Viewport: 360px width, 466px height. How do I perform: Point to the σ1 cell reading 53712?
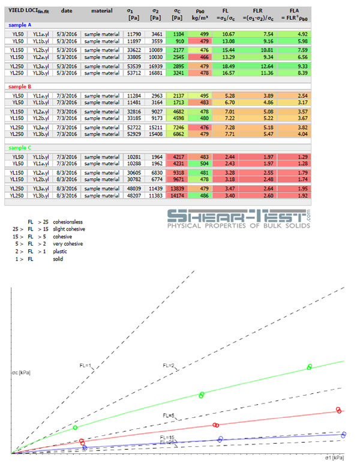coord(133,73)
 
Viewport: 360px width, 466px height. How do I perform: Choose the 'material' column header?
coord(101,11)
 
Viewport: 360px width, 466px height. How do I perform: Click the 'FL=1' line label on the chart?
coord(86,365)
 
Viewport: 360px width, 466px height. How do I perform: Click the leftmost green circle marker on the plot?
coord(76,427)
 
